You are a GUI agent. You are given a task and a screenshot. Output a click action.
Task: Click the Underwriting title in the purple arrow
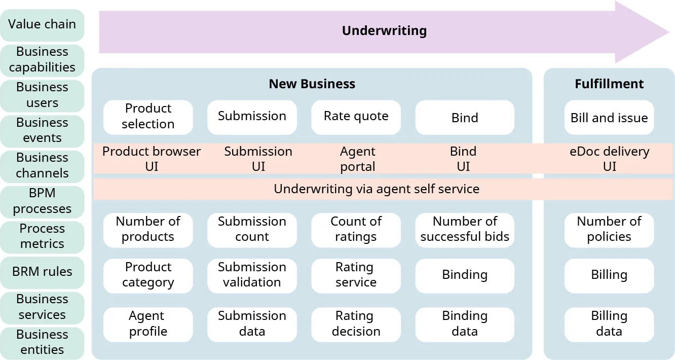(x=384, y=31)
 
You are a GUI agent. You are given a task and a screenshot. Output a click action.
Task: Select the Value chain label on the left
(x=42, y=24)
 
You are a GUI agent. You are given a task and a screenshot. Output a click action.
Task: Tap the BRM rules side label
(x=42, y=272)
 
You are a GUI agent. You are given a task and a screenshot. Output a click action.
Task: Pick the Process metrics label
(x=42, y=236)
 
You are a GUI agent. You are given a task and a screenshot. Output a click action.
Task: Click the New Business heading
(x=312, y=84)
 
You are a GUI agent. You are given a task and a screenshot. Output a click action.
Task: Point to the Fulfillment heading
(x=609, y=84)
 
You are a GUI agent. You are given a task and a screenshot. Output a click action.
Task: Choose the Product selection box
(x=148, y=117)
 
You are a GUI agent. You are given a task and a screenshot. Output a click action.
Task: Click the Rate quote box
(x=356, y=117)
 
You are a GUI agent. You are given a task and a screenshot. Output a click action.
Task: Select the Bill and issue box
(x=609, y=118)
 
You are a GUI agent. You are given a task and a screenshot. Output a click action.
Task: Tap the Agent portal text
(x=357, y=159)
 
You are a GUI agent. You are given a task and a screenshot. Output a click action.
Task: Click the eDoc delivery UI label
(x=609, y=159)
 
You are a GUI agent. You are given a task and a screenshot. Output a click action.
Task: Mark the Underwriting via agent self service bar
(x=376, y=189)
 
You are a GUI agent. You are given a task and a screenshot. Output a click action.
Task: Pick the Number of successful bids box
(x=464, y=229)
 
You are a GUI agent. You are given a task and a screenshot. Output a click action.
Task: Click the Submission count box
(x=252, y=229)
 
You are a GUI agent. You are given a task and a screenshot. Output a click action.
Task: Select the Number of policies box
(x=609, y=229)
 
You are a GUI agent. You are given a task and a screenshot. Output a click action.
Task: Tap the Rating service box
(x=356, y=275)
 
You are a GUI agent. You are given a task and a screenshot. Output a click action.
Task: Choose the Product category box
(x=148, y=275)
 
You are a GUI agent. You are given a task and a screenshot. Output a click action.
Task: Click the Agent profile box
(x=148, y=323)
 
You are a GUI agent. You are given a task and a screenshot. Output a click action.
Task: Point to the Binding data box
(x=464, y=323)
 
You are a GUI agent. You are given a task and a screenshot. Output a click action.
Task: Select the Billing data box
(x=609, y=323)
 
